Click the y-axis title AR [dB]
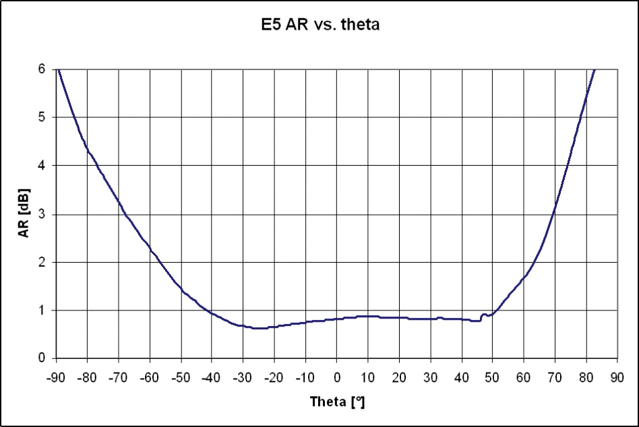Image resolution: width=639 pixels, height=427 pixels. click(x=24, y=214)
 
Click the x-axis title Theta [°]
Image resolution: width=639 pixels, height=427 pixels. click(x=337, y=402)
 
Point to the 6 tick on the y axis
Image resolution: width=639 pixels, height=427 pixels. click(x=42, y=69)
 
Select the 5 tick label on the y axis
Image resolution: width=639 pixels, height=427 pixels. click(x=42, y=117)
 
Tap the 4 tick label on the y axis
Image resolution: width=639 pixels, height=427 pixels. click(x=42, y=166)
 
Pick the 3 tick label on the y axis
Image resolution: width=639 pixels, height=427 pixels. click(x=42, y=214)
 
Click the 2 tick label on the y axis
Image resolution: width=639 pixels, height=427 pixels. click(x=42, y=262)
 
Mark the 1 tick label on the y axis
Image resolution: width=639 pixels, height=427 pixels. click(x=42, y=310)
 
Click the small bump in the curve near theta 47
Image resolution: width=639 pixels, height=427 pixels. click(x=483, y=315)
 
